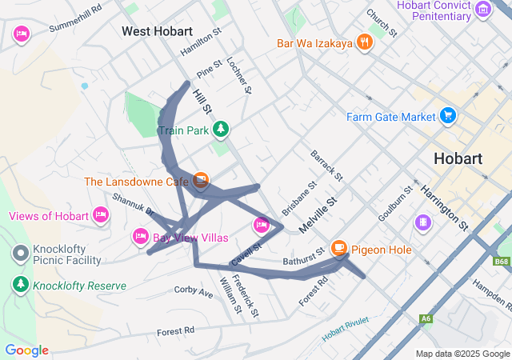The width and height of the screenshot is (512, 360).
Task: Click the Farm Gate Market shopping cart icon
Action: coord(447,116)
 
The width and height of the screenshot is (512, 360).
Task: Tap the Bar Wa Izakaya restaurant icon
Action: coord(365,42)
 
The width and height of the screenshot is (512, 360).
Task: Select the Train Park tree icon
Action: coord(221,129)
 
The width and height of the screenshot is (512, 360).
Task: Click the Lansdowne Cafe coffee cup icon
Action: coord(200,182)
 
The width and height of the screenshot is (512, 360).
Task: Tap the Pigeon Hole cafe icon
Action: coord(340,250)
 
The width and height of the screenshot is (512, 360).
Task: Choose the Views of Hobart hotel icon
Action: coord(101,214)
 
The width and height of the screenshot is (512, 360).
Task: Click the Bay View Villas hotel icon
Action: coord(140,237)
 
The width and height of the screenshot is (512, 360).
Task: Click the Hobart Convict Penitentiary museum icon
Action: coord(483,10)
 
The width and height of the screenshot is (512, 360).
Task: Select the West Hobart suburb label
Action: coord(157,31)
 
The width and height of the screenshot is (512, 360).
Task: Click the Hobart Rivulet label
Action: coord(346,329)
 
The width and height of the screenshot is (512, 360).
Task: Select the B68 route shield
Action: coord(501,262)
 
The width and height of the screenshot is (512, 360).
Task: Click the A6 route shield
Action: coord(426,319)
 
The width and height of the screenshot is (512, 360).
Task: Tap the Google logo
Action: coord(26,350)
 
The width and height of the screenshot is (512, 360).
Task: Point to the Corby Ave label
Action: coord(194,292)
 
